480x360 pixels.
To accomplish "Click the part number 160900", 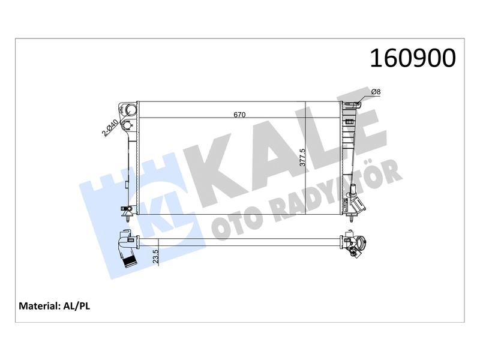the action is click(x=413, y=58).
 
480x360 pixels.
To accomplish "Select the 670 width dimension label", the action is click(x=239, y=115).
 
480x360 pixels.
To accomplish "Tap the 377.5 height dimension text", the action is click(x=302, y=157).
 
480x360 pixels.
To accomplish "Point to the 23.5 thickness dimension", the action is click(x=156, y=256).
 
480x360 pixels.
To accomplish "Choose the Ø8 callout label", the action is click(x=376, y=92).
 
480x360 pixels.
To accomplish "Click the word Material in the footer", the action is click(x=39, y=306).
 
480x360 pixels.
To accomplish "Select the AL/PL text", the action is click(x=77, y=306).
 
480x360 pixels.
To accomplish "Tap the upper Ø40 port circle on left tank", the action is click(x=131, y=110).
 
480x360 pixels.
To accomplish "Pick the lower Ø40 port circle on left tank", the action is click(x=127, y=125).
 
